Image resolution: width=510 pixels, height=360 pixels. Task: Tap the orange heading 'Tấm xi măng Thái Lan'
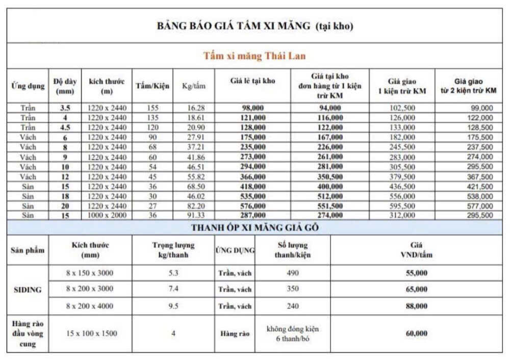coord(254,56)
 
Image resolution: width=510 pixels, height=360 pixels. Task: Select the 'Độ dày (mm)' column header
coord(65,86)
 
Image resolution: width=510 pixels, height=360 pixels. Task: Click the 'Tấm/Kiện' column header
coord(152,86)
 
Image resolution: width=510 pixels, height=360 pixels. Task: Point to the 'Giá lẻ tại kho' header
coord(252,81)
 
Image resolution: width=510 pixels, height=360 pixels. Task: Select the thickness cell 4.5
coord(65,127)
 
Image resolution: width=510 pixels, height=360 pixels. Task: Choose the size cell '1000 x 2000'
coord(107,216)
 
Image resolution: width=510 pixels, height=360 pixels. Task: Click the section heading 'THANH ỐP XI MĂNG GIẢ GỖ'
coord(254,228)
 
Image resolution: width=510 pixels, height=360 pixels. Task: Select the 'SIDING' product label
coord(28,289)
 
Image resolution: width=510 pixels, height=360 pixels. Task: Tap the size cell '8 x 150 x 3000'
coord(90,273)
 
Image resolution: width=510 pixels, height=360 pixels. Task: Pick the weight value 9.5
coord(173,306)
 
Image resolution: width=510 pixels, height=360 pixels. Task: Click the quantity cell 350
coord(293,290)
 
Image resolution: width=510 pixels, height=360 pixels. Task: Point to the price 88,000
coord(417,306)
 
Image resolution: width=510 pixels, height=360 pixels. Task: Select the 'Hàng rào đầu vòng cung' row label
coord(28,333)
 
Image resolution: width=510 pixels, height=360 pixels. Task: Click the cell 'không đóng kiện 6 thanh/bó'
coord(293,333)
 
